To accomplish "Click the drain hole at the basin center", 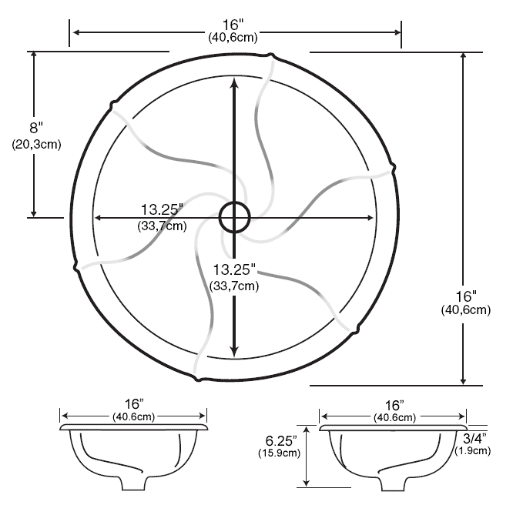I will (234, 218).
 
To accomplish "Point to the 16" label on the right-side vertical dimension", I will (464, 296).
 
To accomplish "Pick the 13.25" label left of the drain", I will (163, 209).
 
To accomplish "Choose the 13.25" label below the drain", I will (233, 270).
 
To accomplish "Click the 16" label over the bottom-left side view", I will (134, 404).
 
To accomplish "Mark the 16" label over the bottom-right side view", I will (394, 404).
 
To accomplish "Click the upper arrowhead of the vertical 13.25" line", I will (234, 85).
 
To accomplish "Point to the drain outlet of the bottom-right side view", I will (394, 483).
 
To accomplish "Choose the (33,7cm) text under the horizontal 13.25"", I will (163, 225).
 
